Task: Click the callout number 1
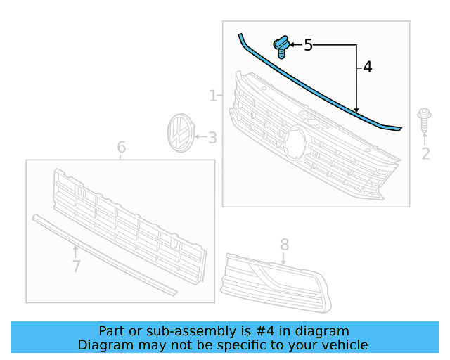[x=212, y=95]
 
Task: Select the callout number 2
[x=425, y=154]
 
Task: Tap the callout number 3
[x=212, y=139]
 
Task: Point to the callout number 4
[x=367, y=67]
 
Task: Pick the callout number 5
[x=308, y=46]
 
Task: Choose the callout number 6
[x=121, y=148]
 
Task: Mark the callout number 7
[x=76, y=266]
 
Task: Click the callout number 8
[x=285, y=244]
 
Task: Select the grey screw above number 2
[x=424, y=119]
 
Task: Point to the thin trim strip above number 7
[x=105, y=254]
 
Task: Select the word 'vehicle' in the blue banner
[x=345, y=345]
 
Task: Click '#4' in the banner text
[x=276, y=330]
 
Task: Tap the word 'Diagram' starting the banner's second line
[x=103, y=345]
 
